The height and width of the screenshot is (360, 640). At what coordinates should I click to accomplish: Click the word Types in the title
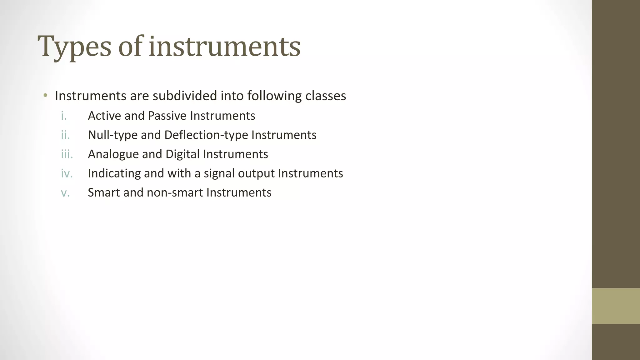tap(74, 47)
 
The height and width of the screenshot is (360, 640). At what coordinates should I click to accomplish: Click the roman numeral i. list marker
tap(64, 116)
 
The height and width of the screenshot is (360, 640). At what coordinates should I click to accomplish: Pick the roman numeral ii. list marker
tap(65, 135)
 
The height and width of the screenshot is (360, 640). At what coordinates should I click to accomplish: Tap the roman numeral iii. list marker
tap(67, 154)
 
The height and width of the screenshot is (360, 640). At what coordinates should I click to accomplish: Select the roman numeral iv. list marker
tap(67, 173)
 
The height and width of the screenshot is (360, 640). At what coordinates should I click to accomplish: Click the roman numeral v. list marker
tap(65, 193)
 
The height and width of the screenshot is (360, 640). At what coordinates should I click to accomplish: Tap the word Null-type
tap(113, 135)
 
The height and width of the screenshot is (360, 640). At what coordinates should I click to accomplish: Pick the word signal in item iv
tap(219, 173)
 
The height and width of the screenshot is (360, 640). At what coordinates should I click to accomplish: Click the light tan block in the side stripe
tap(616, 306)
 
